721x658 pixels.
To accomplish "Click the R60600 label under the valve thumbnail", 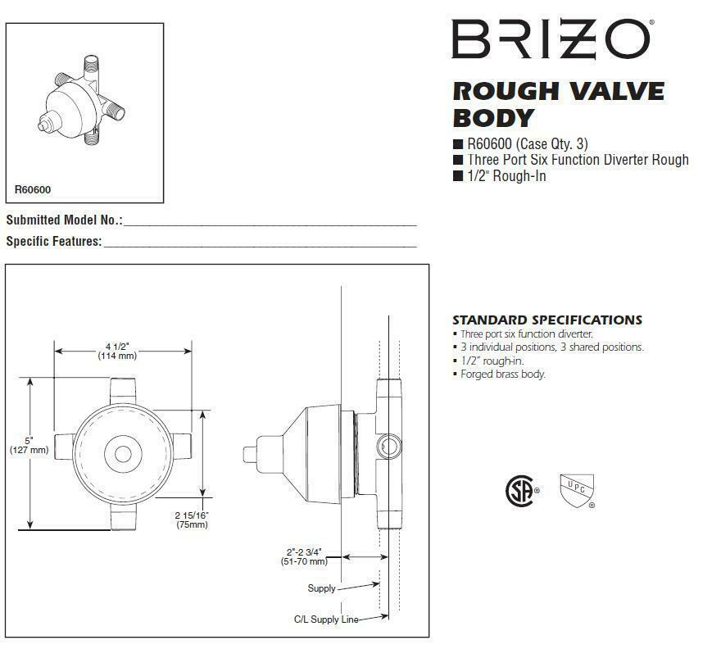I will click(x=33, y=190).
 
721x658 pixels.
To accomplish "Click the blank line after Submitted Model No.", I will click(x=270, y=222).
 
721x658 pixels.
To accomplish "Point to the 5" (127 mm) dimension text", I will click(x=29, y=445).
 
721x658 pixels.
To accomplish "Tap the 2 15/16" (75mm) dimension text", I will click(x=192, y=520).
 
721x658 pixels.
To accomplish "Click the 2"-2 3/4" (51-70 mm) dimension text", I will click(x=305, y=556).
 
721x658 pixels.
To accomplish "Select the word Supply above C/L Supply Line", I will click(x=321, y=588).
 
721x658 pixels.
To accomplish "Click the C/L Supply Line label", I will click(x=326, y=619).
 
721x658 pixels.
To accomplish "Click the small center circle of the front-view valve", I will click(x=123, y=452).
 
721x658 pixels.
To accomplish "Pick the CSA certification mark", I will click(x=519, y=490).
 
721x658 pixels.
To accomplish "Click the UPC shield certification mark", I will click(x=576, y=489).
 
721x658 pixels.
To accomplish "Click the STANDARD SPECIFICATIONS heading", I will click(x=546, y=320).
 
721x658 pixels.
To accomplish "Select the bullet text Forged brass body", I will click(x=502, y=374).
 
